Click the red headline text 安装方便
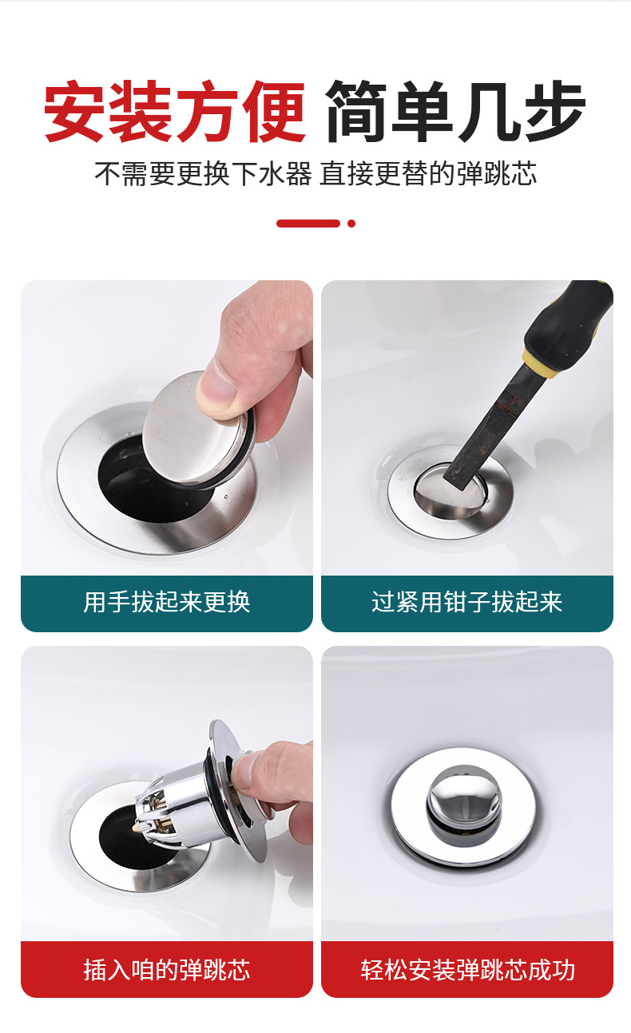coord(175,111)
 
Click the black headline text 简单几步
coord(455,111)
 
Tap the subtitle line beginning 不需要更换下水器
coord(315,174)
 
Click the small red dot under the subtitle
coord(351,224)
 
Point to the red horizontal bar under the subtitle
coord(308,224)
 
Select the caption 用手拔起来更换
coord(166,602)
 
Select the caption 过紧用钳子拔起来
coord(466,602)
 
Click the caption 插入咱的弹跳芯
coord(166,969)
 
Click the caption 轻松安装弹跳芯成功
coord(467,969)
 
